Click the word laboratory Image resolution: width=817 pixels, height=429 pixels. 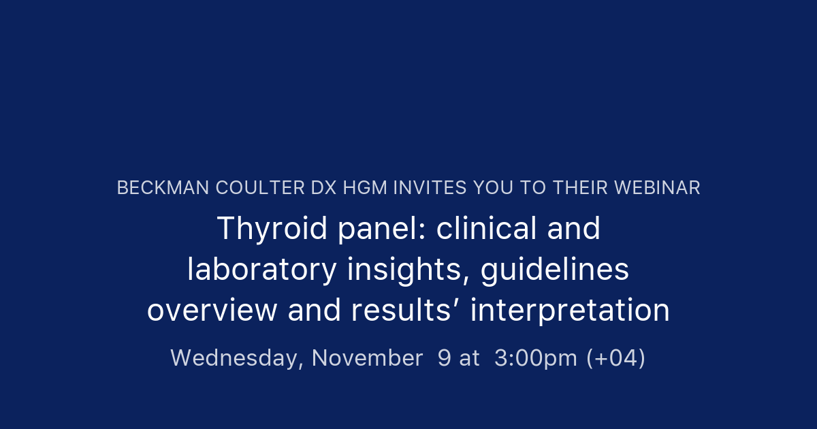(x=262, y=270)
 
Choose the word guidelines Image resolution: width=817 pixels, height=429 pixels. (x=555, y=270)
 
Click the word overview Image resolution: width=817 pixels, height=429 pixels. (x=212, y=311)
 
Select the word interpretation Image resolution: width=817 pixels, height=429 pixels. (x=571, y=311)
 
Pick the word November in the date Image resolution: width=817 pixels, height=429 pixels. (x=368, y=358)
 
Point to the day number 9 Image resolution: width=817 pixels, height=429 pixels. (x=444, y=358)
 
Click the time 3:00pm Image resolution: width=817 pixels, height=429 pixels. (x=536, y=358)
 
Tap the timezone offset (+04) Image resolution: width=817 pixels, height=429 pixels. (x=616, y=358)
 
